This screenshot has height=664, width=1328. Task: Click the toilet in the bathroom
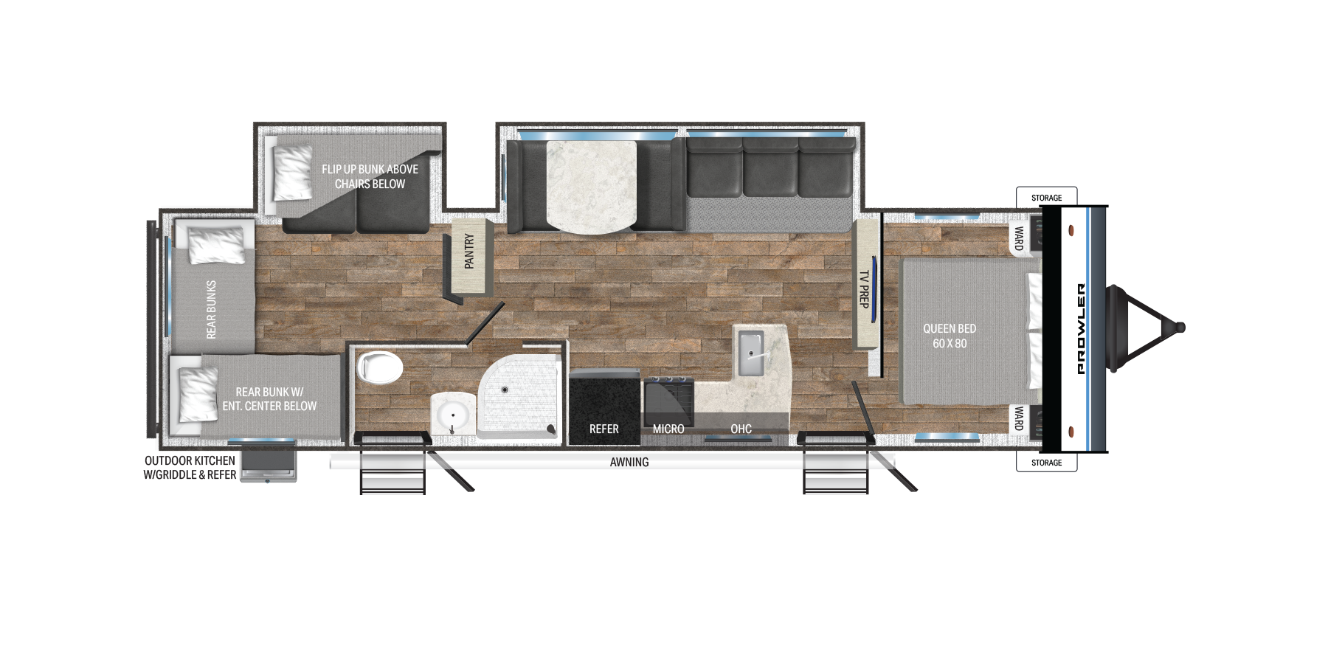pos(380,367)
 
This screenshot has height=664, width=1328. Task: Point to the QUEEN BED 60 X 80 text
pos(950,336)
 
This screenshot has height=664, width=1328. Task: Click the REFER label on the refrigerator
pos(604,429)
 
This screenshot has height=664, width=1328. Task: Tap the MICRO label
pos(668,429)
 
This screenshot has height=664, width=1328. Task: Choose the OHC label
pos(741,429)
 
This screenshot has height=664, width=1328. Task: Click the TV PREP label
pos(864,288)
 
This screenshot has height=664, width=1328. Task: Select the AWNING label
pos(629,462)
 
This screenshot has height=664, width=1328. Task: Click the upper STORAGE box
pos(1047,197)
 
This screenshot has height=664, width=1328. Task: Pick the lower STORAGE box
pos(1047,463)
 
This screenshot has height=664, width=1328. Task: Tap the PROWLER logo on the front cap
pos(1082,328)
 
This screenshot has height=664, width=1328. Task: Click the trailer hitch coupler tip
pos(1180,327)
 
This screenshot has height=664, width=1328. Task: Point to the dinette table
pos(591,186)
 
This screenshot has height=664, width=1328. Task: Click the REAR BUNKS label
pos(212,309)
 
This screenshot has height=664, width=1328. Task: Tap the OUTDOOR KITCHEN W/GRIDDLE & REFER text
pos(190,468)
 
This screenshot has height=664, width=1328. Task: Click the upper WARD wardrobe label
pos(1019,238)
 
